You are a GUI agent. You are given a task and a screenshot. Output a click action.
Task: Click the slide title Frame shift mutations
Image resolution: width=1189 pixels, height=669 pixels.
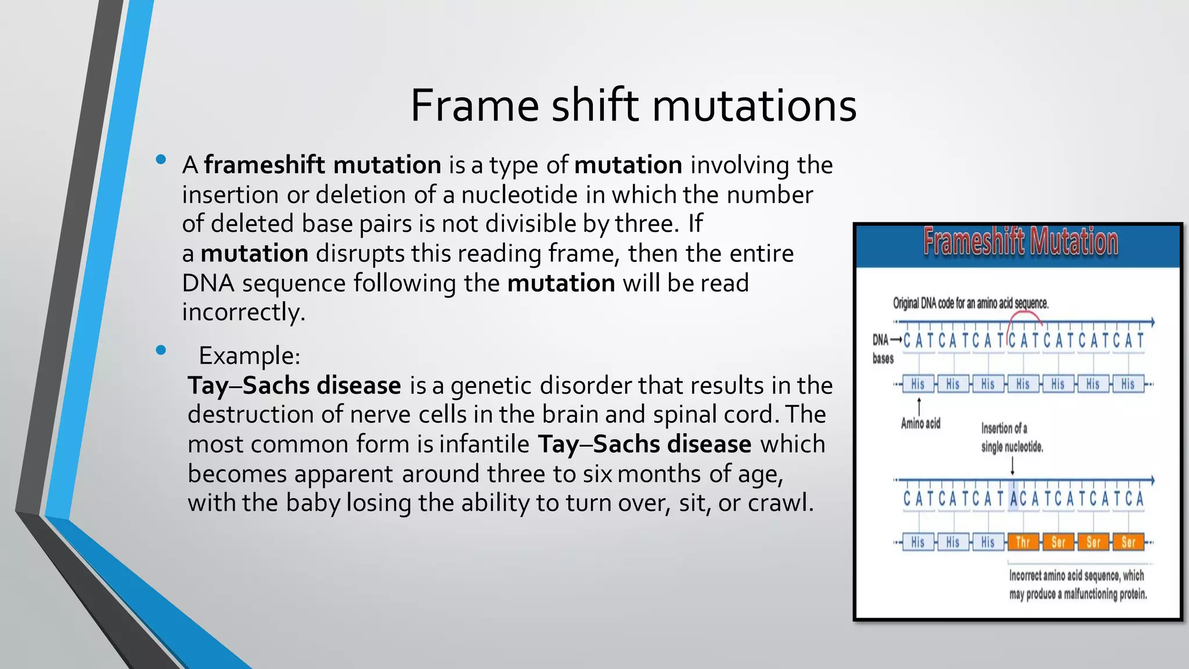pyautogui.click(x=633, y=106)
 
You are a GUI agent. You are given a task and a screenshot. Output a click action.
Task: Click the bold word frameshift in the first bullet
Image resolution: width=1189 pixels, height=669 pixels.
pyautogui.click(x=264, y=166)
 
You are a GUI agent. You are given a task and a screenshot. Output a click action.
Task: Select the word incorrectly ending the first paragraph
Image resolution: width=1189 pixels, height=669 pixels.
pyautogui.click(x=243, y=312)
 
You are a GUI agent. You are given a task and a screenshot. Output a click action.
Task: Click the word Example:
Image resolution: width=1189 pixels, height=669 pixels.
pyautogui.click(x=249, y=355)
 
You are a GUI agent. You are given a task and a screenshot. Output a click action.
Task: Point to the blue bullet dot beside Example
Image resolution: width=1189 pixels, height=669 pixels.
pyautogui.click(x=161, y=350)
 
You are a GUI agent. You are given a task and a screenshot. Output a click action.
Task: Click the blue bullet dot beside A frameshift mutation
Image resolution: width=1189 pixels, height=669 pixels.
pyautogui.click(x=161, y=160)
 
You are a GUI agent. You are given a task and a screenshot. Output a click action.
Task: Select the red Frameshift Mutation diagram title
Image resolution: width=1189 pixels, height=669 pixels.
pyautogui.click(x=1020, y=242)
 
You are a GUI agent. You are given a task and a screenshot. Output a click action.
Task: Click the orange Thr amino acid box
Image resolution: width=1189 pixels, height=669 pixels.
pyautogui.click(x=1022, y=542)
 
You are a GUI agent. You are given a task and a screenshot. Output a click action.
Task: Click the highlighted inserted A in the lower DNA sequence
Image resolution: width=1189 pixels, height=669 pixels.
pyautogui.click(x=1014, y=499)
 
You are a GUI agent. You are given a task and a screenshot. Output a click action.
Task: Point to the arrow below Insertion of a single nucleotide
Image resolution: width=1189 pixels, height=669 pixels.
pyautogui.click(x=1013, y=466)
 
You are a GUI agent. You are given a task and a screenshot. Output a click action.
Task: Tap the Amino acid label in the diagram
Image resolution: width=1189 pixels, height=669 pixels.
pyautogui.click(x=920, y=423)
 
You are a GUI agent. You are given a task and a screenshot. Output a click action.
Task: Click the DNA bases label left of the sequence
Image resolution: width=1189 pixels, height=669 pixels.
pyautogui.click(x=882, y=348)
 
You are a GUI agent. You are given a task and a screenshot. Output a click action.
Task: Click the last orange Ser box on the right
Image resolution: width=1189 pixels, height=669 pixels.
pyautogui.click(x=1128, y=542)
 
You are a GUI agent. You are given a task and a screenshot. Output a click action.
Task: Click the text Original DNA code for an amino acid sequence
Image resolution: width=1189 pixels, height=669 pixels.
pyautogui.click(x=970, y=303)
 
